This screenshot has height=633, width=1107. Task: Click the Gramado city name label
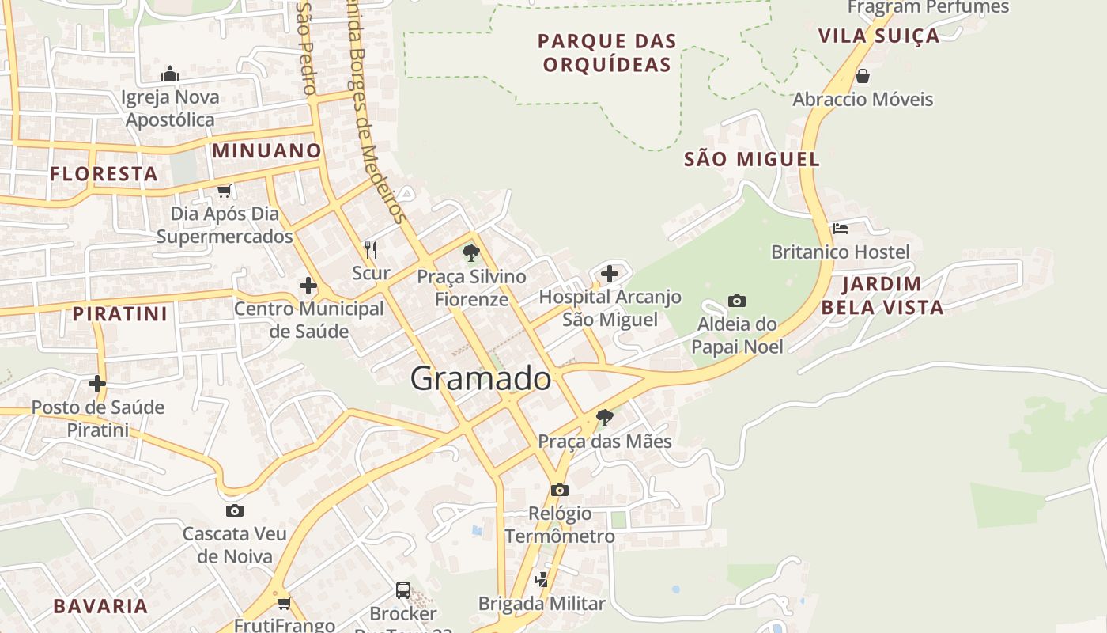[481, 379]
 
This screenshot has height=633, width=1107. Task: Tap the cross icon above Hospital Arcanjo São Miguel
[610, 275]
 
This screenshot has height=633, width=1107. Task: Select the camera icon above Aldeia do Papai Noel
[737, 301]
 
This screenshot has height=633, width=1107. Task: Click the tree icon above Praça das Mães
[605, 417]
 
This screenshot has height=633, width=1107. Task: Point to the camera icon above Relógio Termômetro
[560, 490]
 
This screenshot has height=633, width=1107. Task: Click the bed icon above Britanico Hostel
[841, 229]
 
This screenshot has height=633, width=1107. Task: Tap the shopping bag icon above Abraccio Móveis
[863, 76]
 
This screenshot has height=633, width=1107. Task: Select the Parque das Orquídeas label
[607, 53]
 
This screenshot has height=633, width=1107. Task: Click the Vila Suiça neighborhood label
[878, 36]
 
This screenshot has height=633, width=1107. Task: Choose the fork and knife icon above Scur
[371, 250]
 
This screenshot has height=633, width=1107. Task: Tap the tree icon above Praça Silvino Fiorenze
[471, 253]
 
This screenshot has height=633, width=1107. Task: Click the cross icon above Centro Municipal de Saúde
[308, 286]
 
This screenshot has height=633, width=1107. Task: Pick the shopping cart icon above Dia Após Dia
[225, 191]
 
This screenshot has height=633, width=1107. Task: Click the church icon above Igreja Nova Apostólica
[170, 74]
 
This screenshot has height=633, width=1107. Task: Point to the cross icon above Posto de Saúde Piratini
[97, 384]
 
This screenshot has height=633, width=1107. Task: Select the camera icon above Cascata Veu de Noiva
[235, 510]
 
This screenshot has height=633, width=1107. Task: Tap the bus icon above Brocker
[403, 589]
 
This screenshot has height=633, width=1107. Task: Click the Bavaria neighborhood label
[100, 607]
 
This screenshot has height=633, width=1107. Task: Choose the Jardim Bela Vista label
[882, 296]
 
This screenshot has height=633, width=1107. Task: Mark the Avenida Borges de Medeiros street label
[376, 111]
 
